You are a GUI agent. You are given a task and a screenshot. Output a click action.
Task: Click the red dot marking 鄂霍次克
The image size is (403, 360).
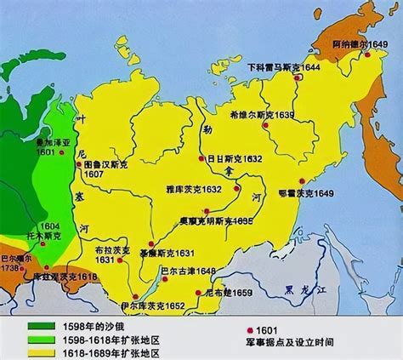pos(303,180)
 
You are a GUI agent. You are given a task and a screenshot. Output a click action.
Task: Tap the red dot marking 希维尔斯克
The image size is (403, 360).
pos(266,126)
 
